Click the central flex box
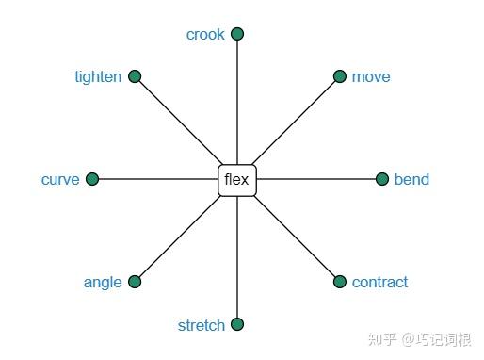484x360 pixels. click(x=237, y=179)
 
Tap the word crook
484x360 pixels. click(x=205, y=35)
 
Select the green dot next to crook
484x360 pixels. click(x=237, y=34)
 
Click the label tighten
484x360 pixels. click(x=98, y=77)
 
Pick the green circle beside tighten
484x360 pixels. click(x=135, y=76)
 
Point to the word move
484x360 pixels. click(x=371, y=77)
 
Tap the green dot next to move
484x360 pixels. click(x=340, y=76)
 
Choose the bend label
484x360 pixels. click(x=411, y=180)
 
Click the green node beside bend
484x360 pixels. click(x=382, y=179)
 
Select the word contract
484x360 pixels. click(x=379, y=283)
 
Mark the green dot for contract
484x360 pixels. click(x=340, y=282)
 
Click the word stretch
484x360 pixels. click(x=202, y=326)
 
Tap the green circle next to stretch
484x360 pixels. click(x=237, y=324)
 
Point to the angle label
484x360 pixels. click(x=103, y=283)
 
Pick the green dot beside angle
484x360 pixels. click(x=135, y=282)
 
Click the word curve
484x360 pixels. click(x=60, y=180)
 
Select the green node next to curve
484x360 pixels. click(x=92, y=179)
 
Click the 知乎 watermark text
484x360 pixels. click(x=382, y=338)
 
